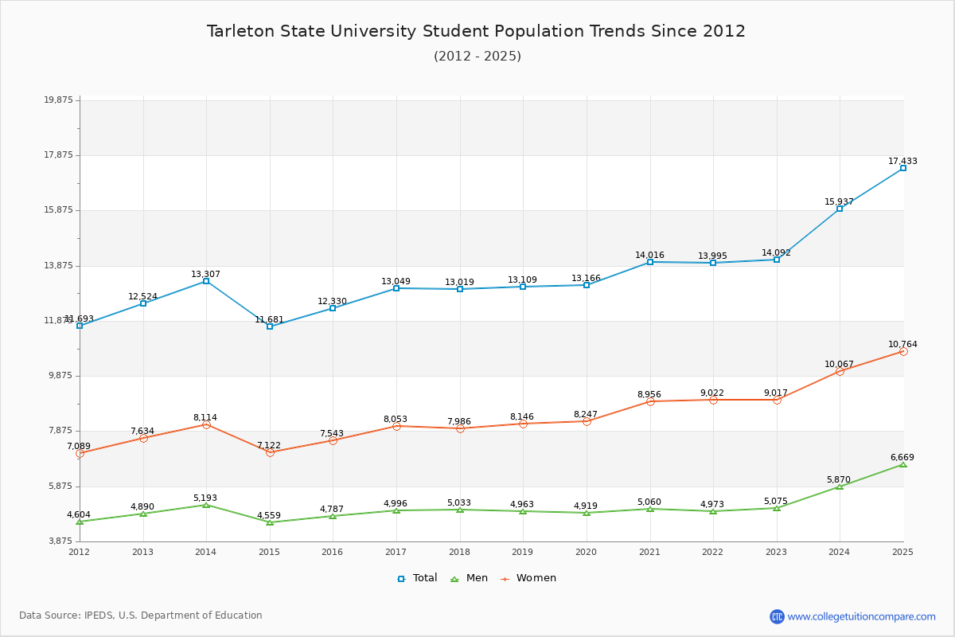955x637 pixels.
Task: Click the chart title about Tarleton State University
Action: (476, 31)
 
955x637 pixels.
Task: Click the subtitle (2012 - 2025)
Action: (477, 56)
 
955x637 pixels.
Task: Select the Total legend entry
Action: (417, 578)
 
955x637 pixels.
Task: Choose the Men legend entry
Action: (470, 578)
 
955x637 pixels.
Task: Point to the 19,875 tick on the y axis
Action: (58, 100)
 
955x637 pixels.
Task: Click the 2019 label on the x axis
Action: (523, 552)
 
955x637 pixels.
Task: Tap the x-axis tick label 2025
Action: (902, 552)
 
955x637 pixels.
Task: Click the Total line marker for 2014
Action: (206, 281)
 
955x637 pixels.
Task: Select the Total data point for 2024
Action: (840, 209)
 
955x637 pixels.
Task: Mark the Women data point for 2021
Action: (650, 401)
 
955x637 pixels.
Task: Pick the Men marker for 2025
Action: (902, 464)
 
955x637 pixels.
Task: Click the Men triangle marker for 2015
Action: (270, 522)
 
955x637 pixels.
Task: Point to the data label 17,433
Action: (902, 161)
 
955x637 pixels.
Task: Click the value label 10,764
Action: (902, 345)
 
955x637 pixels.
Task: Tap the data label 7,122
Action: (270, 445)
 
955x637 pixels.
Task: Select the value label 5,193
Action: (205, 498)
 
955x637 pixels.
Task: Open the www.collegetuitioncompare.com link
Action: (861, 616)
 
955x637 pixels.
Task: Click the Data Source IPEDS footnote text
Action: (141, 616)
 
